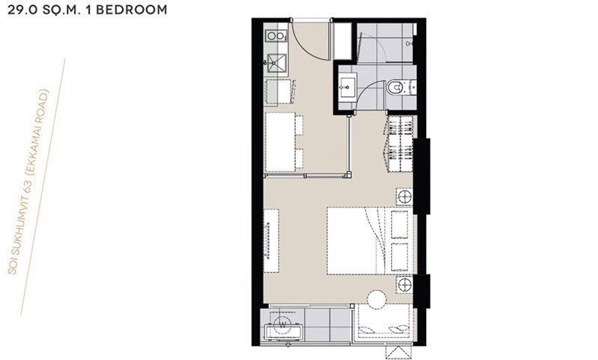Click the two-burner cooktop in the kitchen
tap(275, 36)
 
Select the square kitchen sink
tap(275, 62)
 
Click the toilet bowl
tap(395, 88)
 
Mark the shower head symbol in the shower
tap(410, 44)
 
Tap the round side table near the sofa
tap(377, 301)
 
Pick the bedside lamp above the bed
tap(404, 196)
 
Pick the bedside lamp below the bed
tap(404, 284)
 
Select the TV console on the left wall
tap(271, 240)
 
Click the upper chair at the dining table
tap(299, 123)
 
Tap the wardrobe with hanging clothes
tap(400, 143)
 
